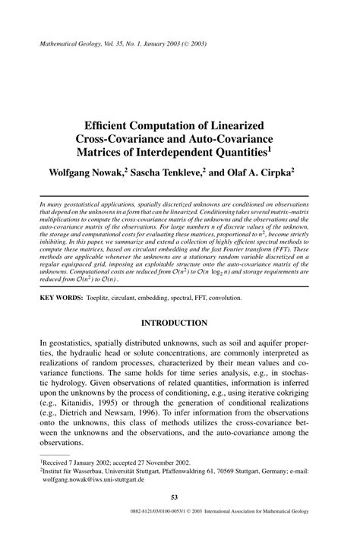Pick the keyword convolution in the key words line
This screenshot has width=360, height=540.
[246, 298]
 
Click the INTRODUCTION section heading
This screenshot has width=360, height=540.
[179, 323]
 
